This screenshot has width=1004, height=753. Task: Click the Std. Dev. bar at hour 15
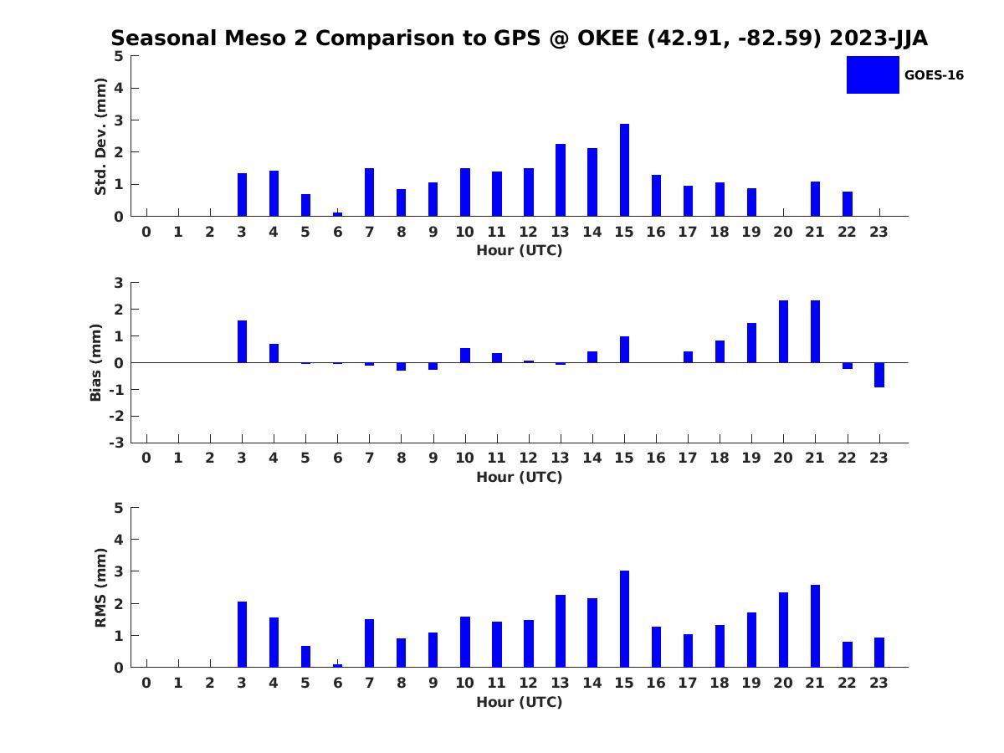[x=624, y=170]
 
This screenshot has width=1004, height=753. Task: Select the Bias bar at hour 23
[x=879, y=375]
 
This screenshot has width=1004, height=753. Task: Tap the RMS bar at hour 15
[x=624, y=619]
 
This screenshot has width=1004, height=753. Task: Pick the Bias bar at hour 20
[x=783, y=331]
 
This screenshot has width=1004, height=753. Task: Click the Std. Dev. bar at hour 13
[x=561, y=180]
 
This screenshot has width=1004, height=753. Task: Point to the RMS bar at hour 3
[x=242, y=634]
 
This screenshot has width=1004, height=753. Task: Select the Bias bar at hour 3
[x=242, y=341]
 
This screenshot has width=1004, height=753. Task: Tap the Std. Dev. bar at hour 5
[x=305, y=205]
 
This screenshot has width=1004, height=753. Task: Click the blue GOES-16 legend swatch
[x=873, y=75]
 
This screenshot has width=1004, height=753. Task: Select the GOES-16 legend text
[x=934, y=75]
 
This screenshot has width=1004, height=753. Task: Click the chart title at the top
[x=519, y=38]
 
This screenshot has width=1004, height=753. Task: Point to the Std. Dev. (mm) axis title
[x=101, y=136]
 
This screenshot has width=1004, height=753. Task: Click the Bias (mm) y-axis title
[x=96, y=362]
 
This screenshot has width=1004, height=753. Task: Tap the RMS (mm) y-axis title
[x=101, y=587]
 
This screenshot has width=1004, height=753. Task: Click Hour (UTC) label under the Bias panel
[x=519, y=477]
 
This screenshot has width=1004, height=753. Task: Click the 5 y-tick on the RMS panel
[x=119, y=508]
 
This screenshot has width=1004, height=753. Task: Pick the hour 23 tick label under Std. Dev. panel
[x=879, y=233]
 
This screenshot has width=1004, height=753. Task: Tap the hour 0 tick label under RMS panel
[x=146, y=683]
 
